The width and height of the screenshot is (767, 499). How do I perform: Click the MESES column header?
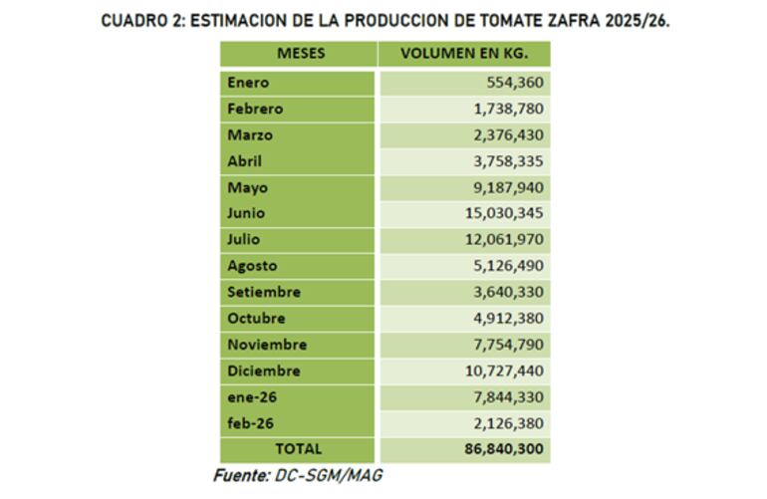[298, 54]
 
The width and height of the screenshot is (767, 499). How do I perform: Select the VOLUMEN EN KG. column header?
[463, 54]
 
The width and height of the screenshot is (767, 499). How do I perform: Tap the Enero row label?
[248, 83]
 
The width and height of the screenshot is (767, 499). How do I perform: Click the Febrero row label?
[255, 109]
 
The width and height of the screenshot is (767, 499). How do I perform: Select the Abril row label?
[245, 161]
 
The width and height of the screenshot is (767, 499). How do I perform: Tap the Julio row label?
[243, 240]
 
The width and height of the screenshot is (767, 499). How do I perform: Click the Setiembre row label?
[264, 292]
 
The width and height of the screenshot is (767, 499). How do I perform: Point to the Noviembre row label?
[267, 345]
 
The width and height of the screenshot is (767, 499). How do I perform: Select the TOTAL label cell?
[298, 449]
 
